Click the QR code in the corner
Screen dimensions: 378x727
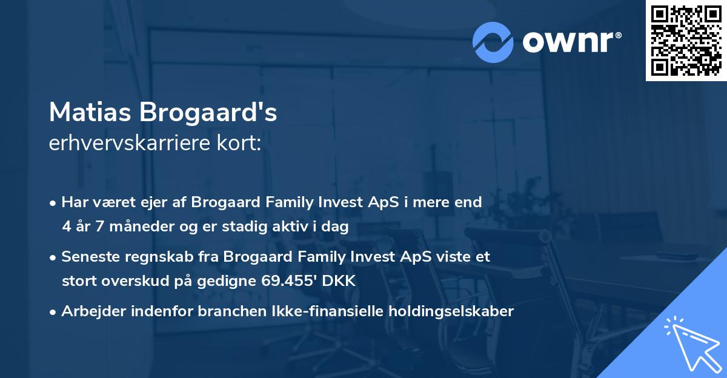[x=686, y=41]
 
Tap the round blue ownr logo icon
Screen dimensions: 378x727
[x=493, y=42]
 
